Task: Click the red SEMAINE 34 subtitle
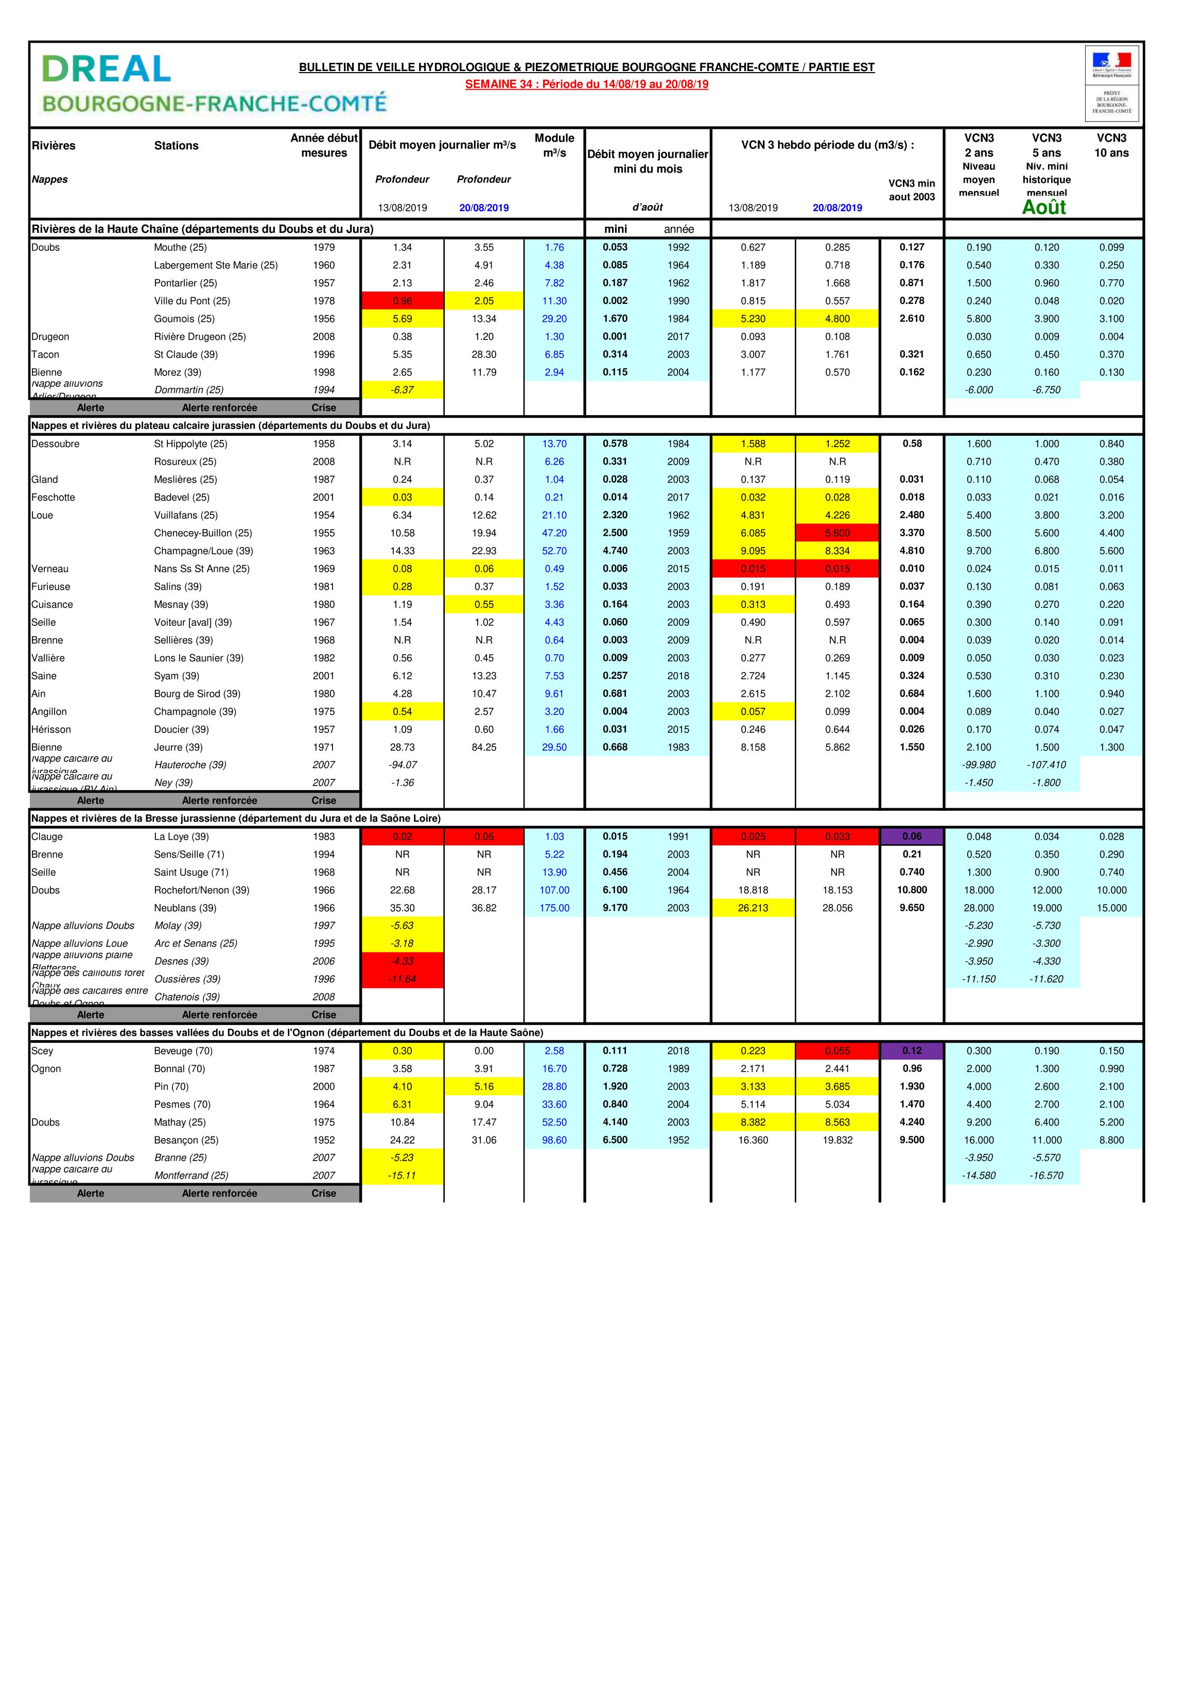click(586, 84)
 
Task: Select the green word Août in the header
click(1044, 207)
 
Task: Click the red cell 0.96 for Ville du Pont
click(402, 301)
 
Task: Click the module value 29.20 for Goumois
click(554, 318)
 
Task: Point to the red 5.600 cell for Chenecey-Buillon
click(837, 533)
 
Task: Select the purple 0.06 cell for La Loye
click(912, 837)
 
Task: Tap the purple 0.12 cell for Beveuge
click(912, 1051)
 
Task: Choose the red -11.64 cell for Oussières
click(402, 979)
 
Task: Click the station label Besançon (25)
click(186, 1140)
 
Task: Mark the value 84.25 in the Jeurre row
click(484, 747)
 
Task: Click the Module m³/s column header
click(554, 145)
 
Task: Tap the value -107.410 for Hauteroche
click(1046, 764)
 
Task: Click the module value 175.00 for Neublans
click(554, 908)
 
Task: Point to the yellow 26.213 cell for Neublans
click(753, 908)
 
